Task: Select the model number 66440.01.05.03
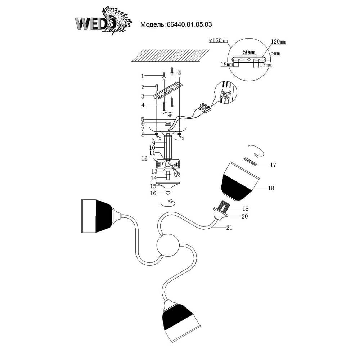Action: (x=188, y=25)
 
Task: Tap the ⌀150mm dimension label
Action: (x=219, y=41)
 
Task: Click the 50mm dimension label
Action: (x=248, y=53)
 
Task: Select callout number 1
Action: (x=143, y=76)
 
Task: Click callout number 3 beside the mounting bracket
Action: (x=143, y=96)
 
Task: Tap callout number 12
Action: (x=144, y=158)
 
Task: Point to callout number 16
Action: (x=153, y=194)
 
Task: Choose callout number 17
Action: (x=273, y=165)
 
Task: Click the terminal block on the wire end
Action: (x=206, y=107)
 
